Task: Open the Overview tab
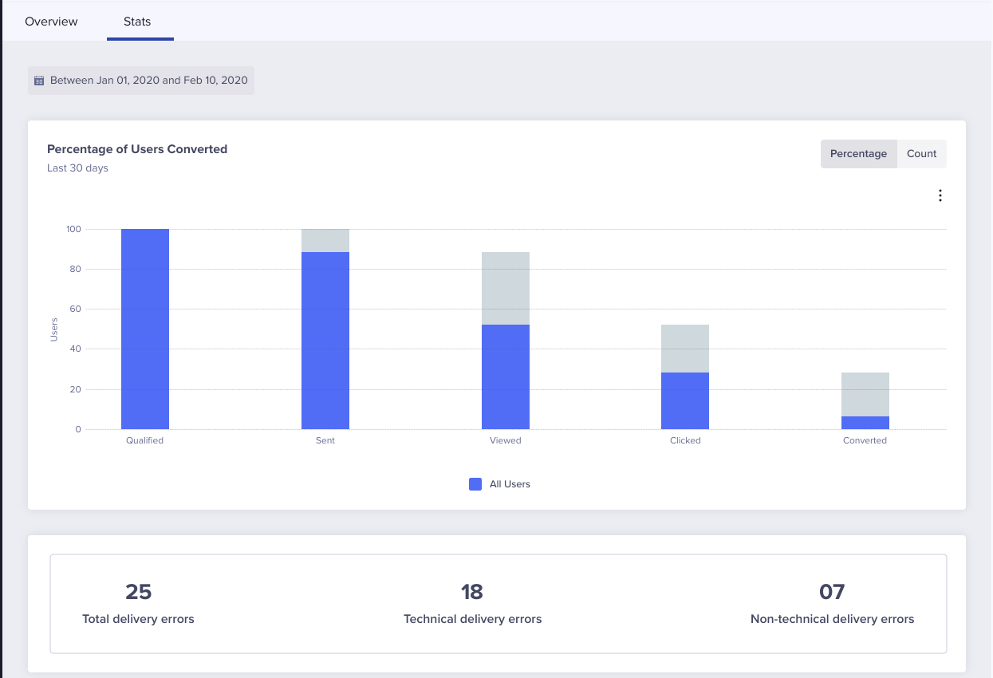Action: (51, 22)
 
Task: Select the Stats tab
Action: (137, 22)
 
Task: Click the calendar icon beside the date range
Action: (39, 81)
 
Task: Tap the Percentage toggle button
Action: (858, 154)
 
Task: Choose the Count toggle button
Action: (921, 154)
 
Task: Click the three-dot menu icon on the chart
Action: (940, 195)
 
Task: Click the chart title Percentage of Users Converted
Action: (137, 149)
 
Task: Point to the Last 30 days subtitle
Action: (77, 168)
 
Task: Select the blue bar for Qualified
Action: (145, 329)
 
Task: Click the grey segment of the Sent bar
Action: (325, 240)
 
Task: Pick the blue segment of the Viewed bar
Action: (506, 376)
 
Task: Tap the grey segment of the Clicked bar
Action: (685, 349)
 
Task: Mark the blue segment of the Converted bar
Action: (865, 423)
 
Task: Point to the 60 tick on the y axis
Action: (73, 309)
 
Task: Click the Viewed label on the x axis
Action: (506, 440)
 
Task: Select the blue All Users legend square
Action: (475, 484)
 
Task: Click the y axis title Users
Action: (54, 329)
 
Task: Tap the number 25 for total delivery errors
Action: (138, 592)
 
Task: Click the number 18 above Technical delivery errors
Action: (472, 592)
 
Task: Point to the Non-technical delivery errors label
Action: (832, 619)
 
